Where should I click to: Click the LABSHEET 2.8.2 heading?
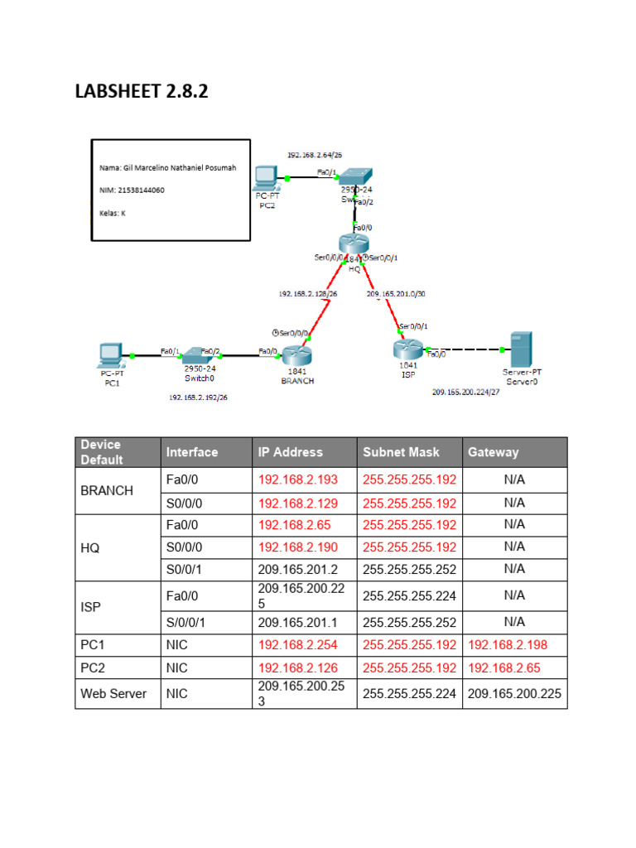tap(142, 90)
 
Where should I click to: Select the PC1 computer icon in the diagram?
tap(108, 354)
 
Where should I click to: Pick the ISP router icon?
tap(407, 350)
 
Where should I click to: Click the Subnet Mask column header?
tap(401, 452)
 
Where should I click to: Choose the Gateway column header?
tap(494, 452)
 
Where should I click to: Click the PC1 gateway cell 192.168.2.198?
tap(507, 644)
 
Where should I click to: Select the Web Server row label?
tap(113, 693)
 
